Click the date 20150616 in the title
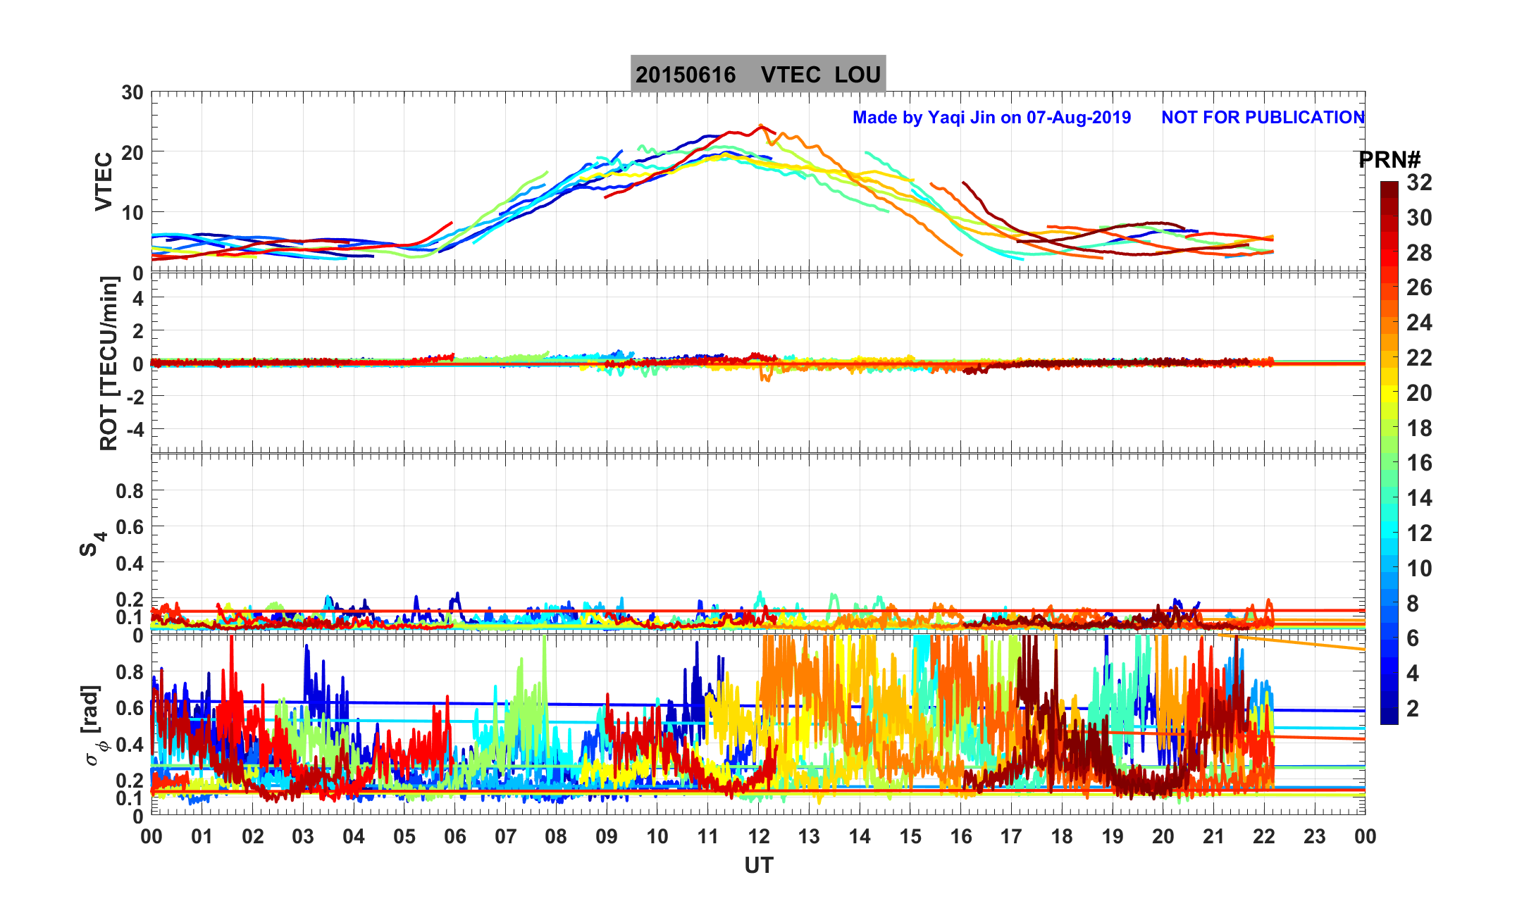coord(686,75)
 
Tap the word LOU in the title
coord(857,75)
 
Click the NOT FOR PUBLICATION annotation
coord(1263,117)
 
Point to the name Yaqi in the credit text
coord(946,117)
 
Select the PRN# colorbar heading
coord(1389,160)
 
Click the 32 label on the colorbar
coord(1419,182)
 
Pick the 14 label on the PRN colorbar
coord(1419,498)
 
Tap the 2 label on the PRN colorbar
coord(1413,708)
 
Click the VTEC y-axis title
coord(104,181)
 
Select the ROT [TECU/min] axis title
coord(109,363)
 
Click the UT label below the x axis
coord(759,865)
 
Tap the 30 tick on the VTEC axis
coord(132,93)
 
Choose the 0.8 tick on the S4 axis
coord(129,490)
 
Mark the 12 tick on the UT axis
coord(759,837)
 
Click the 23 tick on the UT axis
coord(1315,837)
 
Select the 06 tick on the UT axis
coord(455,837)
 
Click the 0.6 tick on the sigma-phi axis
coord(129,708)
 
